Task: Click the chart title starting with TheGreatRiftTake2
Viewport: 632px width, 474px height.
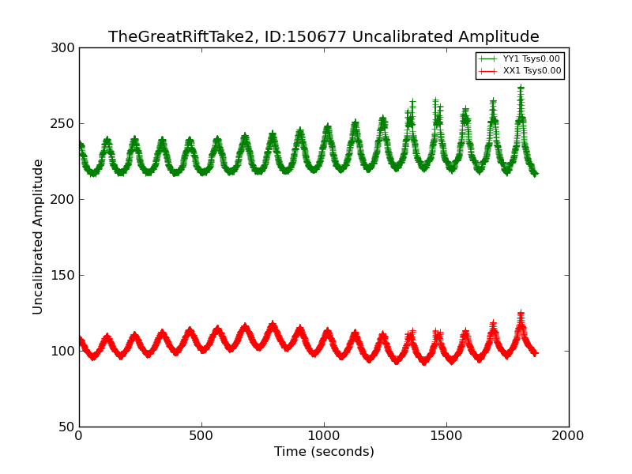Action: click(323, 37)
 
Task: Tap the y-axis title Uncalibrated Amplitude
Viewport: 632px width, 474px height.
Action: click(38, 237)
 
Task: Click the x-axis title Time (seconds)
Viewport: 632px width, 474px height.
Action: click(324, 452)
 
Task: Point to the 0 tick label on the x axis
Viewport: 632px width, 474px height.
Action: click(79, 436)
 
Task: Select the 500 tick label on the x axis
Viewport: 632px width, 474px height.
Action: click(201, 436)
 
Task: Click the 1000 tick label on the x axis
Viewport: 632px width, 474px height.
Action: click(324, 436)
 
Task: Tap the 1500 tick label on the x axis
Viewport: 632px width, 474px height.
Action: click(446, 436)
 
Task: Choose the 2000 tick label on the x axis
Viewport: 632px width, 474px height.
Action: click(568, 436)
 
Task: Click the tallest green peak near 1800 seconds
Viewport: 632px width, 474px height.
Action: click(521, 88)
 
